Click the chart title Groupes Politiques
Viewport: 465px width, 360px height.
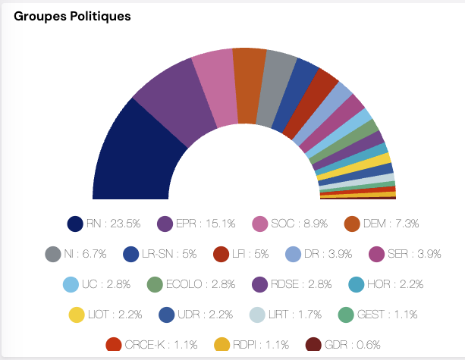click(71, 17)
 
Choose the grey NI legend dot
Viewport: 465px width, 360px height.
click(52, 254)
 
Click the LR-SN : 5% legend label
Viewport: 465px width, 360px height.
click(168, 254)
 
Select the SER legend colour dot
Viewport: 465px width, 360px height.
click(375, 254)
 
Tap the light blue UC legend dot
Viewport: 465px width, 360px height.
click(71, 284)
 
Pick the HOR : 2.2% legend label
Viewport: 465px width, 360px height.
click(390, 284)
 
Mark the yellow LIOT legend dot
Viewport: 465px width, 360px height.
click(75, 315)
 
